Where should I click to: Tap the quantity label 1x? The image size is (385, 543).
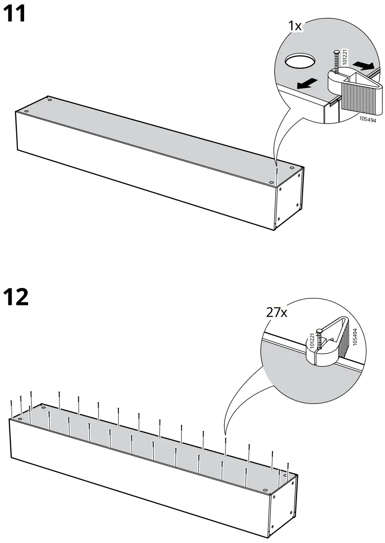294,26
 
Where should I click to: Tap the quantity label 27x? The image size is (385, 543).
277,312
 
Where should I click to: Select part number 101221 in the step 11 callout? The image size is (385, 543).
344,58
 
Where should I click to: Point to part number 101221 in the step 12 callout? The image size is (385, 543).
312,342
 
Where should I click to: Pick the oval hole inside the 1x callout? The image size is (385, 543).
300,61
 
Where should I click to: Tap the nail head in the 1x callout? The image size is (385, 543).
335,52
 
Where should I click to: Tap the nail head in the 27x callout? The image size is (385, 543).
318,331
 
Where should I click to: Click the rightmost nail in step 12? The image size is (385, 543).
289,471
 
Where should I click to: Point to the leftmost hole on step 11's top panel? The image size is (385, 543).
26,111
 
